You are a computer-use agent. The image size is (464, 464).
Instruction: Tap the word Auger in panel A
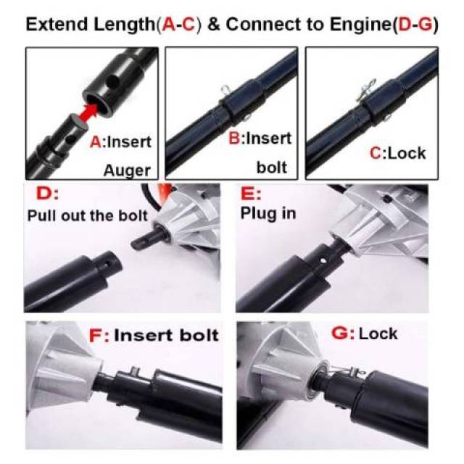[127, 170]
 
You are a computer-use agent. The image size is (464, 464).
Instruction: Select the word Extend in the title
[57, 24]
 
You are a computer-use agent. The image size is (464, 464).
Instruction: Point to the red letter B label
[235, 138]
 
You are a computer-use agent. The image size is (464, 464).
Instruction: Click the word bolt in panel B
[272, 167]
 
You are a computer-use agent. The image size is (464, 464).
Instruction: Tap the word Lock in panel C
[406, 153]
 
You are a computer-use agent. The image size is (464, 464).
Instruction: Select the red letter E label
[248, 194]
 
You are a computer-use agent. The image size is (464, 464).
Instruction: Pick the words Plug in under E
[268, 213]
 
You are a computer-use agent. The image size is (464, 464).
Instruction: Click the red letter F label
[96, 336]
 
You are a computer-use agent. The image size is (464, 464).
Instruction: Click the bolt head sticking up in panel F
[135, 370]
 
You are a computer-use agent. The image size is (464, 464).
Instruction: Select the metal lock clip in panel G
[346, 370]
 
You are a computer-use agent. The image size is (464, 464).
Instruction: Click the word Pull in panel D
[41, 216]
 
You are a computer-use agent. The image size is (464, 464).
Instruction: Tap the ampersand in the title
[214, 24]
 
